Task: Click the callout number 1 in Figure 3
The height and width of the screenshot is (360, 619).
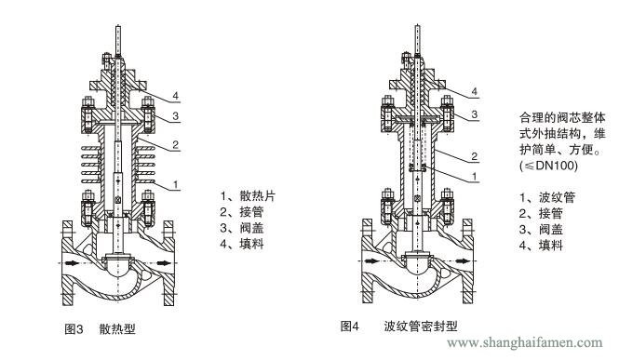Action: point(176,184)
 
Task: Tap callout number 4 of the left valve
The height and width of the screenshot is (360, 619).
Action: point(176,96)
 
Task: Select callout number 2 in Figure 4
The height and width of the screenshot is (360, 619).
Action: point(475,156)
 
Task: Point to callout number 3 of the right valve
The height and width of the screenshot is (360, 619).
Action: point(475,114)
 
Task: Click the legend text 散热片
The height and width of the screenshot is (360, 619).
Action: point(258,196)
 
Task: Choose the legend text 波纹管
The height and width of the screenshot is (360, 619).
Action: point(557,197)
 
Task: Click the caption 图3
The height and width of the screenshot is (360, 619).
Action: point(74,328)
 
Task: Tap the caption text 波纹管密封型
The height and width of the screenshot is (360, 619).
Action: point(421,327)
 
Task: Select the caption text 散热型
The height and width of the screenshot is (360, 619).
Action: point(117,328)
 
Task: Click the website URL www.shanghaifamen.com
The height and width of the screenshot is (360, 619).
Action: point(525,342)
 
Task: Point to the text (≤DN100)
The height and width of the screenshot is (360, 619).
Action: point(548,166)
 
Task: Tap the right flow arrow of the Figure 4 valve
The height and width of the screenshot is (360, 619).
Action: point(463,261)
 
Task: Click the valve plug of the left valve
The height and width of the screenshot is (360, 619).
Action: point(118,267)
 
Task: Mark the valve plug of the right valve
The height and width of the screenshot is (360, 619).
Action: point(418,265)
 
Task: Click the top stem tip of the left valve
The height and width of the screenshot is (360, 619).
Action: point(118,27)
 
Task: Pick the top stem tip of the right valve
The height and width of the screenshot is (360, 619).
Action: point(418,26)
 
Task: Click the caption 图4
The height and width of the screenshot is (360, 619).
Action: point(350,327)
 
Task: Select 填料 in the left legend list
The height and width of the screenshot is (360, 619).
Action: point(252,244)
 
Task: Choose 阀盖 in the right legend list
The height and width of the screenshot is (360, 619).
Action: point(551,230)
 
